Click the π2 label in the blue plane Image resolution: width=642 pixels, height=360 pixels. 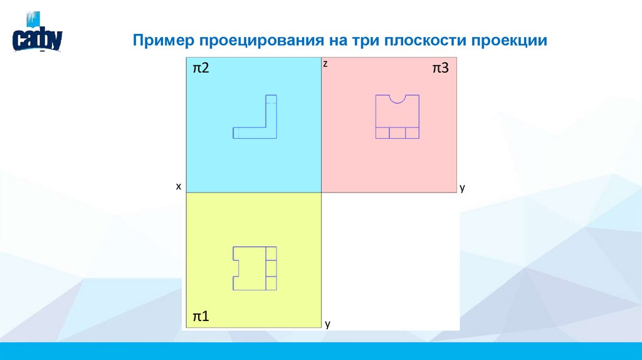(x=201, y=69)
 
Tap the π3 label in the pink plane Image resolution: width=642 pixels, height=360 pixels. (x=440, y=69)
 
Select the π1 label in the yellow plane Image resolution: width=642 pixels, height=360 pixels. (x=201, y=317)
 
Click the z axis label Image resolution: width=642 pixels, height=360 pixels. (x=325, y=64)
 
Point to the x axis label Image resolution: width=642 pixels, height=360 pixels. (x=178, y=186)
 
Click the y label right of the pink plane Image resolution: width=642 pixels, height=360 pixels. (x=462, y=188)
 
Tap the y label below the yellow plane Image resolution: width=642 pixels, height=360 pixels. (x=327, y=324)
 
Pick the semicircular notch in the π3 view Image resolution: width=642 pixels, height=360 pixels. (x=397, y=98)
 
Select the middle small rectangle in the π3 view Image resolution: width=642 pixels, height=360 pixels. (x=397, y=133)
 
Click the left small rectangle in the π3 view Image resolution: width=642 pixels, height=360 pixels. (x=382, y=133)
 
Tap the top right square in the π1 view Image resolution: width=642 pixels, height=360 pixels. (x=271, y=253)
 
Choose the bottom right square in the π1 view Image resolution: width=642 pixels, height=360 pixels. (x=271, y=283)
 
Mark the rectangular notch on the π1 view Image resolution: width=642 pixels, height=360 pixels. (x=236, y=268)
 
